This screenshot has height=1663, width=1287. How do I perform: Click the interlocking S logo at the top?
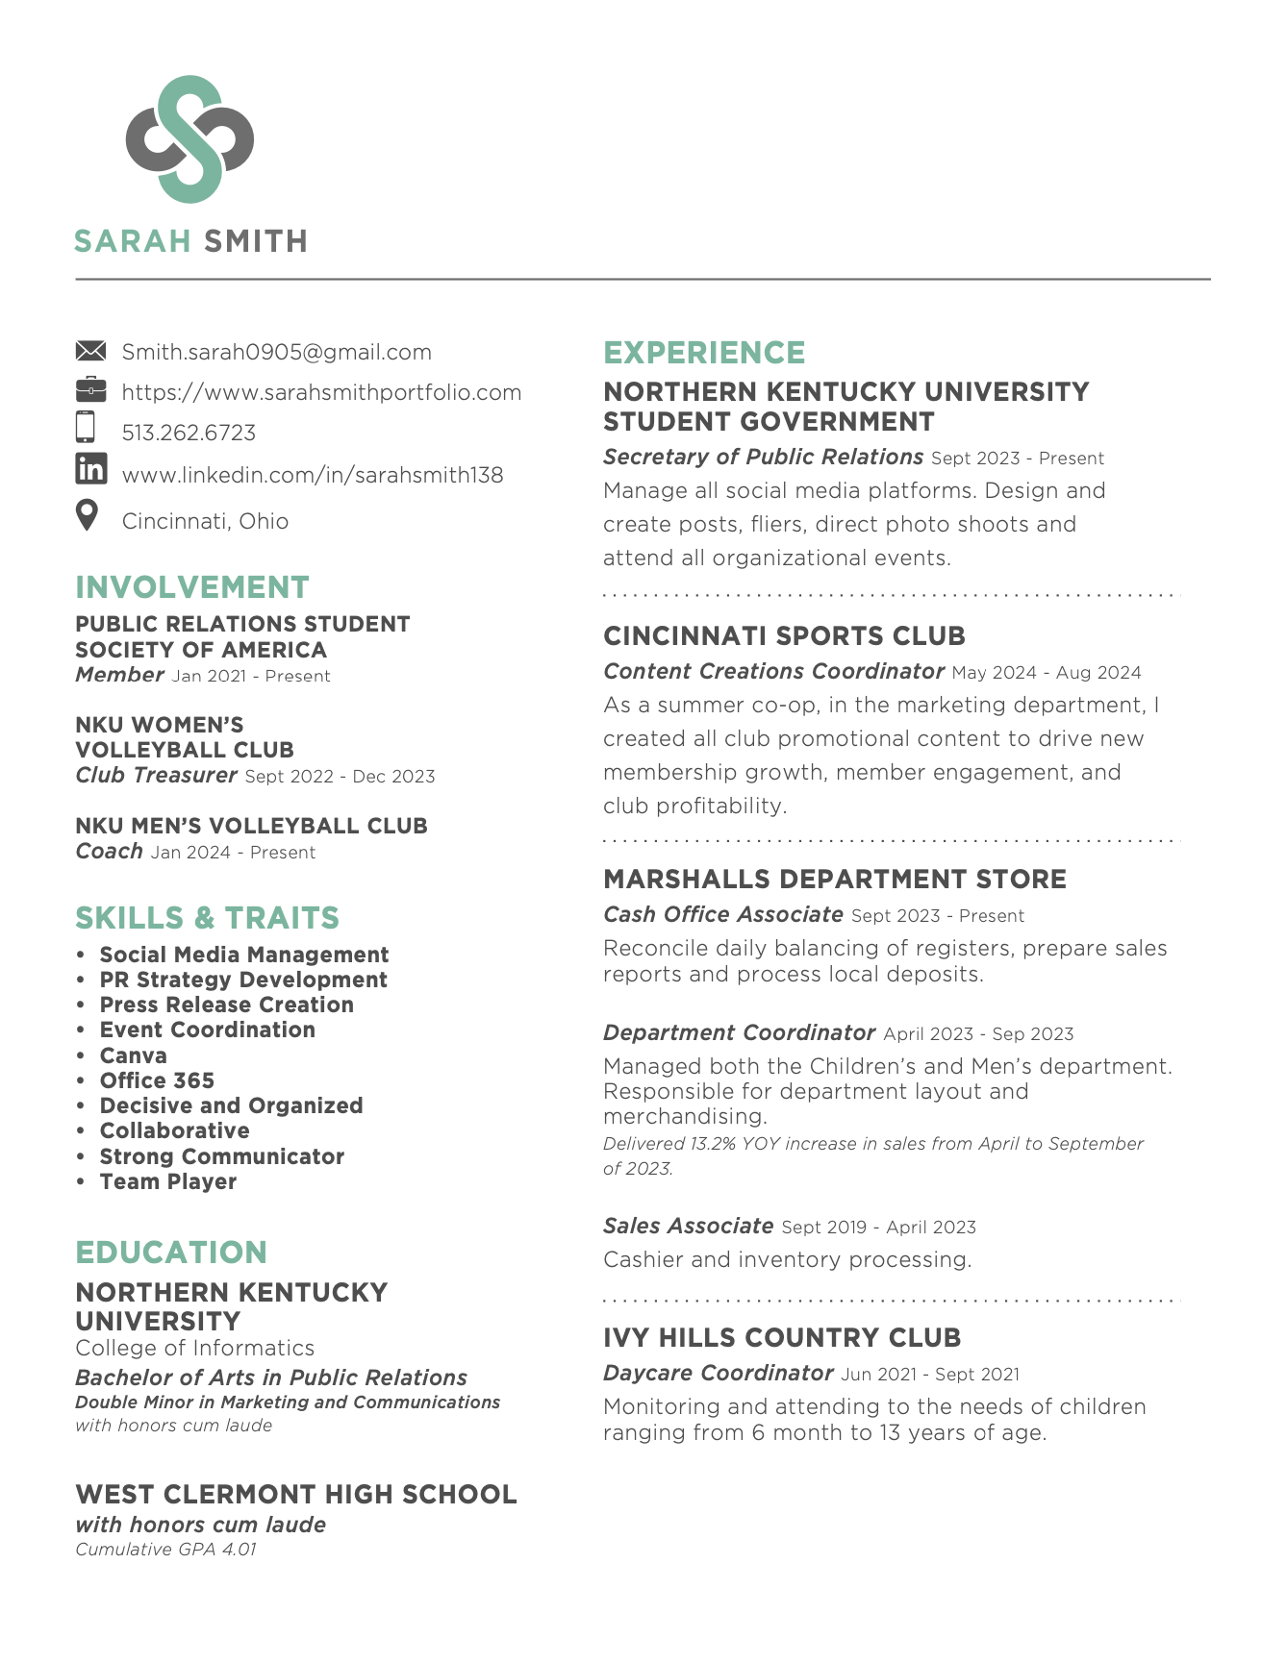click(x=189, y=138)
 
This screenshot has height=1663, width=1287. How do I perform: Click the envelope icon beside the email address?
click(x=90, y=351)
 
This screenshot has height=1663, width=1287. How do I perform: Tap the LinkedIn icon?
click(x=90, y=469)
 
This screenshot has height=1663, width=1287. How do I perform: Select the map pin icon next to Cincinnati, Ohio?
click(x=88, y=515)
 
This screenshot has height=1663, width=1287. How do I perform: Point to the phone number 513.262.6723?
click(x=189, y=433)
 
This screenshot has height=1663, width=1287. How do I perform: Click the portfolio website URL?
click(x=321, y=392)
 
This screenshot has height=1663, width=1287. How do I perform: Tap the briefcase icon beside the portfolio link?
click(x=90, y=389)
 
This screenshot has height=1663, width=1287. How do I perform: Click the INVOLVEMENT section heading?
click(x=192, y=587)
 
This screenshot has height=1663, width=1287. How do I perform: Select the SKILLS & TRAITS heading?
click(x=207, y=918)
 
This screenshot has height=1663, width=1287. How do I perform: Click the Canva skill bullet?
click(x=133, y=1055)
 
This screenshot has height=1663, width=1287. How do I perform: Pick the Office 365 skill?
click(x=157, y=1080)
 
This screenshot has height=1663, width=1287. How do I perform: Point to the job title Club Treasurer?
click(x=156, y=775)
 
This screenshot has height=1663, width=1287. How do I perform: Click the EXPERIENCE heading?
click(x=704, y=353)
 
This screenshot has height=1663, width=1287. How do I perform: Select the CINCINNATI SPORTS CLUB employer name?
click(x=784, y=636)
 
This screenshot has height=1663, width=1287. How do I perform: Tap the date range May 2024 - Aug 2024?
click(x=1046, y=673)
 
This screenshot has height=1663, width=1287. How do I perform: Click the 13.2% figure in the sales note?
click(x=713, y=1144)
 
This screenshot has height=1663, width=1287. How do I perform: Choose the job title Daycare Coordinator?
click(x=718, y=1373)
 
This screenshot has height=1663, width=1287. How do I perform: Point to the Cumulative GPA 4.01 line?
click(x=165, y=1550)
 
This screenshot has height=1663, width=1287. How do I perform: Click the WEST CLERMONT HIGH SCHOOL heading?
click(x=296, y=1495)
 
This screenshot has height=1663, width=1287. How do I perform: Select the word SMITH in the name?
click(x=256, y=240)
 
